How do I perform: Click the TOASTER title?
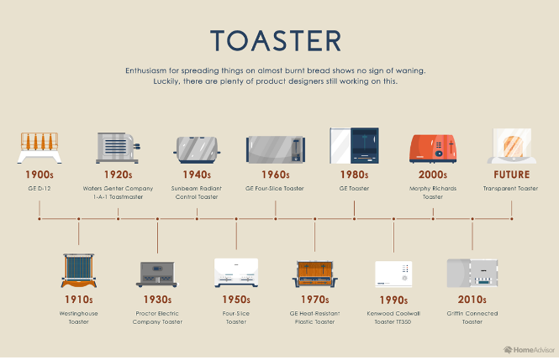coord(276,41)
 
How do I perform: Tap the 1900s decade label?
coord(40,175)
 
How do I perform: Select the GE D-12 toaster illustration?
coord(40,148)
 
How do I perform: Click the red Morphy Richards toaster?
coord(433,149)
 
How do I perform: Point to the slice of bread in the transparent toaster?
coord(514,147)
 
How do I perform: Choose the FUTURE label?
coord(512,175)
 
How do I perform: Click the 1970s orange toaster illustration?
coord(314,274)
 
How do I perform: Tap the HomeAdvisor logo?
coord(529,350)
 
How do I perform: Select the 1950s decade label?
coord(236,300)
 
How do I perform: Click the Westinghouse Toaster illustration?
coord(79,270)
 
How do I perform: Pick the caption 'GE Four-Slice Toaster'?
coord(275,189)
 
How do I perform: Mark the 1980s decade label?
coord(354,175)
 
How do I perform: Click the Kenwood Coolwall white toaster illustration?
coord(393,274)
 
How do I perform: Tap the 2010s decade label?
coord(472,300)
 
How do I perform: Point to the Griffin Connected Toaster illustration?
coord(472,273)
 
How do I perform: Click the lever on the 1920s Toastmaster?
coord(136,146)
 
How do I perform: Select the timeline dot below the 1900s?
coord(40,219)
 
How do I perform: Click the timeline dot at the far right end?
coord(512,219)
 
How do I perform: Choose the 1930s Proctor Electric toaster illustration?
coord(157,274)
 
